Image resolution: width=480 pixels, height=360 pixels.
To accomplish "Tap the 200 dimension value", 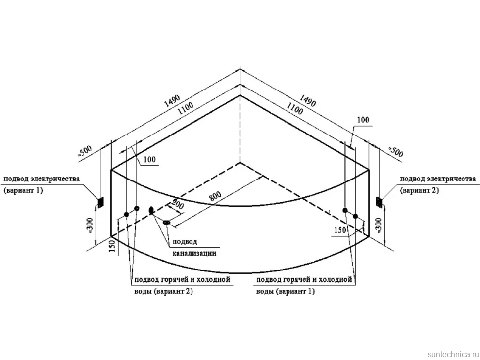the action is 177,204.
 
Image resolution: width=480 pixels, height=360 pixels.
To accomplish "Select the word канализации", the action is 194,253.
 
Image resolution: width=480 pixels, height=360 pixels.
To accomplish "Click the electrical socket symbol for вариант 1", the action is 100,202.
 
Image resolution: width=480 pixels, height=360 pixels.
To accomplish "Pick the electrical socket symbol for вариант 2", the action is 379,202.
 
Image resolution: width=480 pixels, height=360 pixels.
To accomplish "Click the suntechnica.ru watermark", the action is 453,354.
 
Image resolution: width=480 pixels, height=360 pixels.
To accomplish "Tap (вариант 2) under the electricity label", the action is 420,190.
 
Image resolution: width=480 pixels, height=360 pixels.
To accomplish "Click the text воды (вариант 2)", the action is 164,291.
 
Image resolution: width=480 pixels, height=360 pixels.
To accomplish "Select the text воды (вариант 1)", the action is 286,291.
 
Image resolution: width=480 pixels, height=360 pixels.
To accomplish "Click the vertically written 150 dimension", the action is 112,246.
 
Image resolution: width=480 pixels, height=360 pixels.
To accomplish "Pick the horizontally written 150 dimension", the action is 340,230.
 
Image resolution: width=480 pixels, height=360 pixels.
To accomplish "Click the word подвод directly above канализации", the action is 185,241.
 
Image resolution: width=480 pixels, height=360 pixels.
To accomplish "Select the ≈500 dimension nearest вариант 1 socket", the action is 84,152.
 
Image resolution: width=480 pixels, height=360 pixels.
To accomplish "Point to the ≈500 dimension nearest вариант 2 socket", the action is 396,152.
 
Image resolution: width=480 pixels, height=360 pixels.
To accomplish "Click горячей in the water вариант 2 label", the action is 174,279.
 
